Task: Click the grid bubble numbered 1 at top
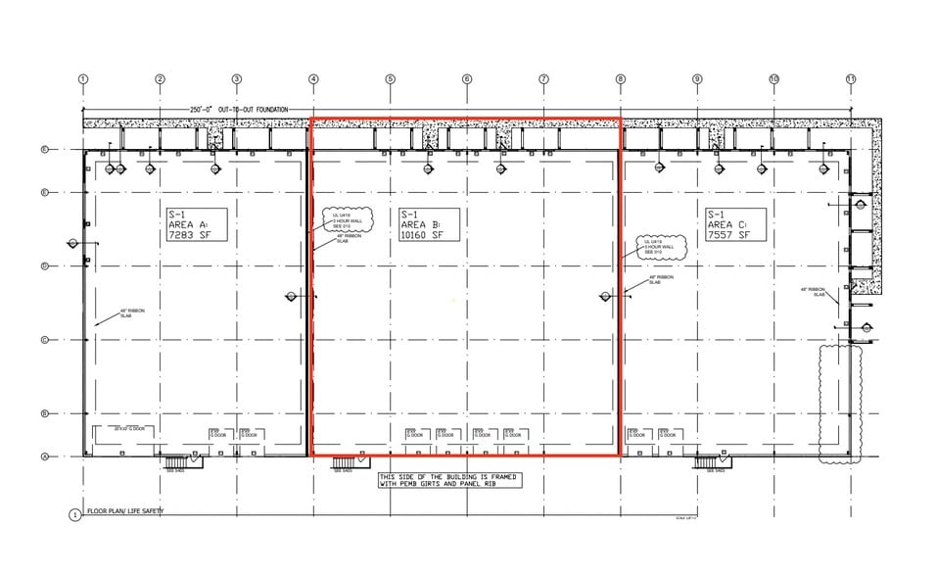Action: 83,79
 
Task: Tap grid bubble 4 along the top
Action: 313,79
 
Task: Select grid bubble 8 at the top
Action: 620,79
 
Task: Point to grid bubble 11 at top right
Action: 850,79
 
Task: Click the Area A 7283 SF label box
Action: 197,224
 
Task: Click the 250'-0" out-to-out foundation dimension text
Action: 239,109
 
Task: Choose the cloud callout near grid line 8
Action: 656,245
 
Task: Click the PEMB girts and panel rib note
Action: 449,480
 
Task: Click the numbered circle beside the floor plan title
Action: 74,514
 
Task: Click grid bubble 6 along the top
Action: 467,79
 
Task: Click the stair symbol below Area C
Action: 710,462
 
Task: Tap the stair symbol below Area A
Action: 175,462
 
